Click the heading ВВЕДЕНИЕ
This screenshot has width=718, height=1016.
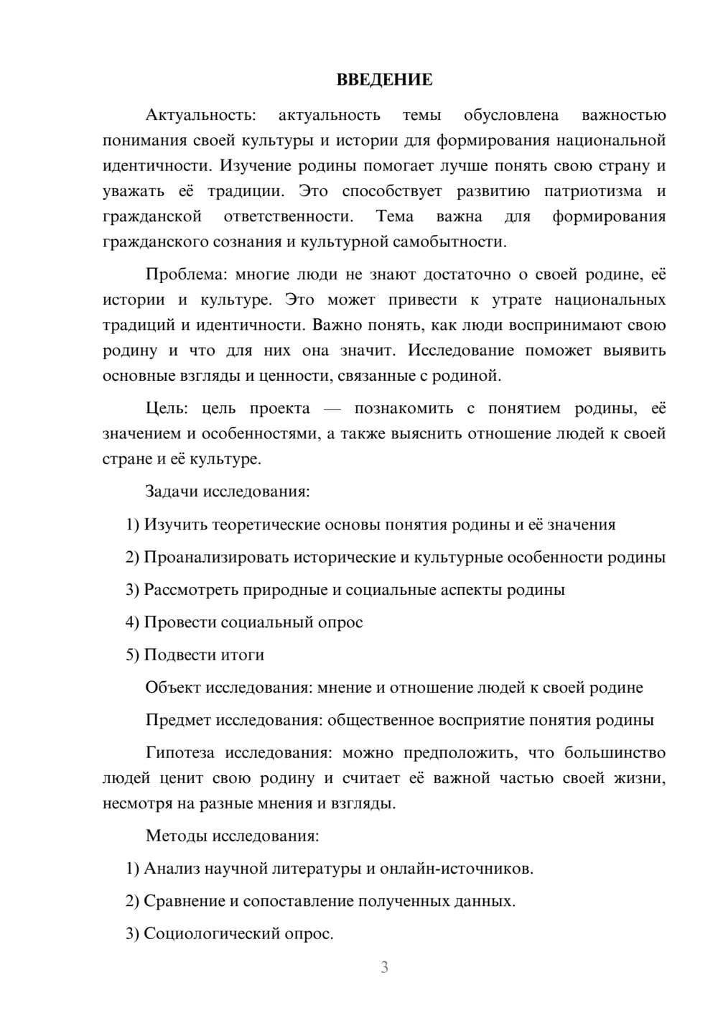384,80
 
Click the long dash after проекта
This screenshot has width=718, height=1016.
332,409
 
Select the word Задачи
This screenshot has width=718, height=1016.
172,492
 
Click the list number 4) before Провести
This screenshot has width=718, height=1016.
132,622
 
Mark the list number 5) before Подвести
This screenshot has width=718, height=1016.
132,655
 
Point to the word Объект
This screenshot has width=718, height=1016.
173,688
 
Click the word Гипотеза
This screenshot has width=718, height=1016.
180,753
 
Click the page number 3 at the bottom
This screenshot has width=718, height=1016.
384,967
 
